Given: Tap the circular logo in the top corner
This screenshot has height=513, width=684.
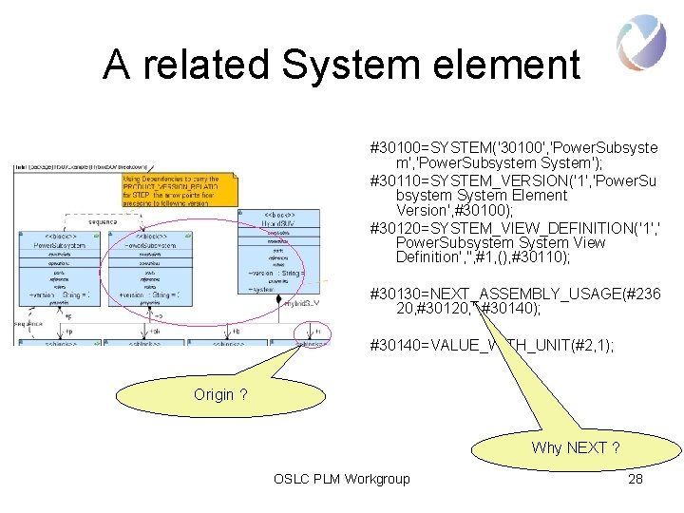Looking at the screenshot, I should coord(640,43).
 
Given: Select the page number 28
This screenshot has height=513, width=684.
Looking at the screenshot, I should coord(636,479).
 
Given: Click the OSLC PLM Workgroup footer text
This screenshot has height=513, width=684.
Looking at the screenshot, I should coord(341,479).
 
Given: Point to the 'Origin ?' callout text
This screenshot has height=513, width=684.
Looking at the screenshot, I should coord(220,394).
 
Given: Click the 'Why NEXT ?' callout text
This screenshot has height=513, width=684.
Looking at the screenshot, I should coord(576,447).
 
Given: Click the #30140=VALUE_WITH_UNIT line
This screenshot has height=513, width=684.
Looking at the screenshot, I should coord(491,347).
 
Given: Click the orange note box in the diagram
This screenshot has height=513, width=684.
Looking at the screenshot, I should coord(171,190).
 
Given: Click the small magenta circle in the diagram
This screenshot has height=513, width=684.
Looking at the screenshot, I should coord(313,332).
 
